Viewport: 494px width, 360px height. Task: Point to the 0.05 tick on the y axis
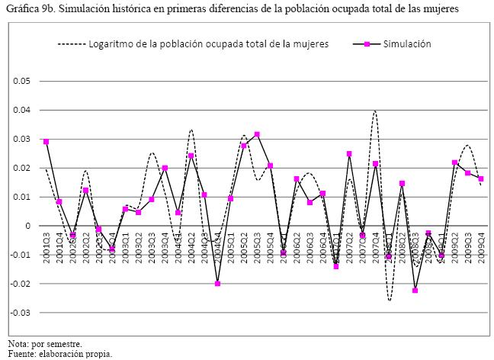22,81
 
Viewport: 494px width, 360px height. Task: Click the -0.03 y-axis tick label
21,313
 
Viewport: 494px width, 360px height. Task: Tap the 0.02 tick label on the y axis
22,168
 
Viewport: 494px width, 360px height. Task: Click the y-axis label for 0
28,226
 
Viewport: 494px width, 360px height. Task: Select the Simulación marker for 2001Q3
46,142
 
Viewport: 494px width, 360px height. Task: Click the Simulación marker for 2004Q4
217,284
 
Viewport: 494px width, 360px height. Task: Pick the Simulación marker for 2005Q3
257,134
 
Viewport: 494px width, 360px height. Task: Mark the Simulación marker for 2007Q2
349,154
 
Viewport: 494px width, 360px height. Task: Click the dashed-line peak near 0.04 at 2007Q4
375,111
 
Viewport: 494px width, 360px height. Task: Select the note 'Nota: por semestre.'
45,343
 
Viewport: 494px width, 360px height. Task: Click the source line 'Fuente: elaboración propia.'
60,353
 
